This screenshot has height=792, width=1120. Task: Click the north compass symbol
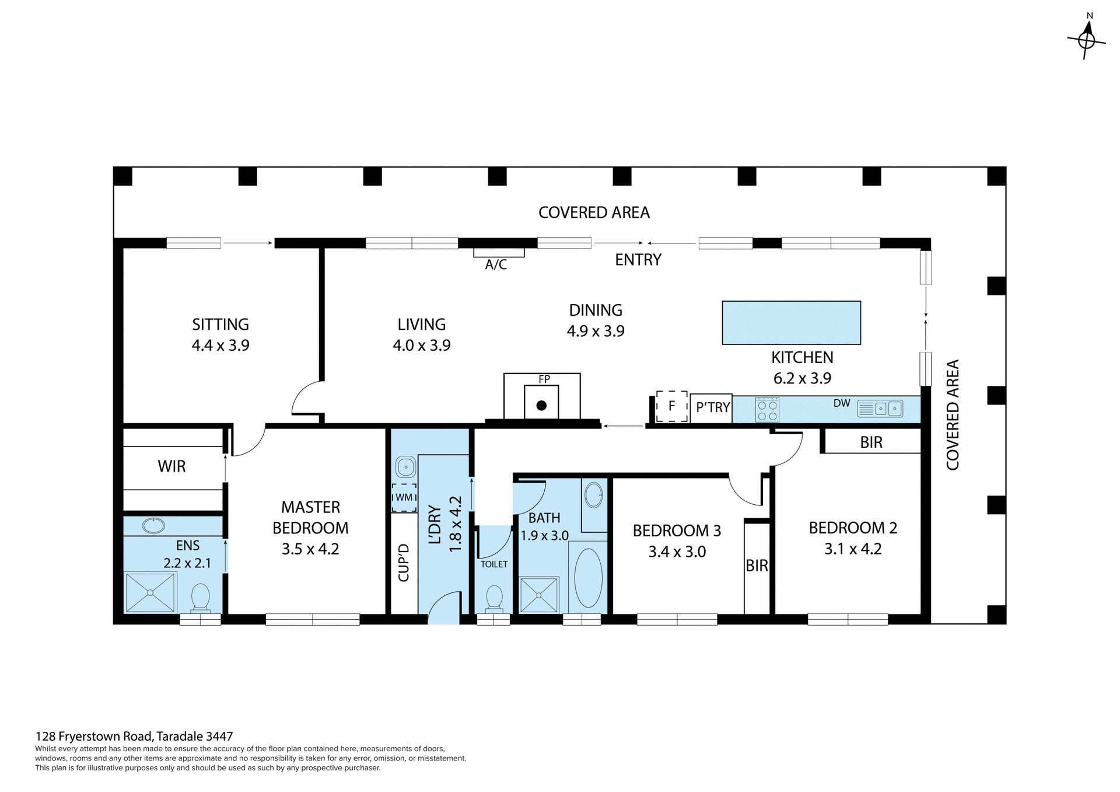[1086, 40]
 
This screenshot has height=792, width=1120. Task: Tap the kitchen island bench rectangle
[791, 322]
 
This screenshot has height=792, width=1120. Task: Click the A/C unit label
[496, 264]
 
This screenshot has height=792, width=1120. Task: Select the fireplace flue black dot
[541, 405]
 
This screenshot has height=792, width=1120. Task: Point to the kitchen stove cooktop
[766, 409]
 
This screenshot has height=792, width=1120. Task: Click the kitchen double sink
[888, 409]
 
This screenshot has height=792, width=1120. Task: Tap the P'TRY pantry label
[713, 407]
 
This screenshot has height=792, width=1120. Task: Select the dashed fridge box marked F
[671, 406]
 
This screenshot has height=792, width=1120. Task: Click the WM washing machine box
[404, 497]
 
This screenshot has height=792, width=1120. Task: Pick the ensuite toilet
[201, 598]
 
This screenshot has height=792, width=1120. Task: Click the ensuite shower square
[150, 592]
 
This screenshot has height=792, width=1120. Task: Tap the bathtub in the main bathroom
[588, 577]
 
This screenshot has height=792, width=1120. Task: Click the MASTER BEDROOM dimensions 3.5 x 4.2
[310, 549]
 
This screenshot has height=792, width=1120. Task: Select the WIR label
[171, 466]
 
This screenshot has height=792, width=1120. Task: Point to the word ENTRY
[638, 260]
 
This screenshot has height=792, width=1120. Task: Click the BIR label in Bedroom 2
[871, 442]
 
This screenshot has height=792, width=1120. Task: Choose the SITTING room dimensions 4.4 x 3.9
[220, 345]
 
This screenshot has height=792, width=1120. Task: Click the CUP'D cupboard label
[404, 563]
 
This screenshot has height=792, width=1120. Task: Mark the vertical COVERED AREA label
[952, 414]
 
